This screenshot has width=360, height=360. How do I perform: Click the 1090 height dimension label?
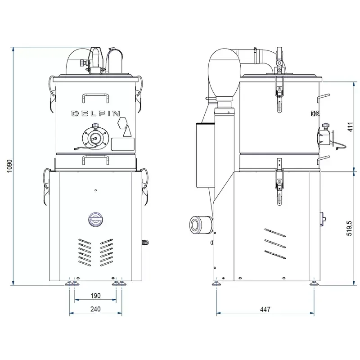click(x=9, y=166)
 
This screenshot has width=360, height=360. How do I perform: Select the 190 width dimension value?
click(x=95, y=296)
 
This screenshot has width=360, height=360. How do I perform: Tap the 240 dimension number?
click(x=95, y=309)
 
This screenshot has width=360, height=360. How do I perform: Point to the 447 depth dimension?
click(x=265, y=309)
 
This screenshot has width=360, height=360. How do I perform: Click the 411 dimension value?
click(x=350, y=127)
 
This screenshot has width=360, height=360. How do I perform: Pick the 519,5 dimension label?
click(x=349, y=229)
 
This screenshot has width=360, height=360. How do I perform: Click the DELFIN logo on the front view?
click(x=95, y=113)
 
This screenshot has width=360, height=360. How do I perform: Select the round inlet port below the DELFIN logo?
click(x=95, y=138)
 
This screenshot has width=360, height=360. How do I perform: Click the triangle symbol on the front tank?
click(x=127, y=131)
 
